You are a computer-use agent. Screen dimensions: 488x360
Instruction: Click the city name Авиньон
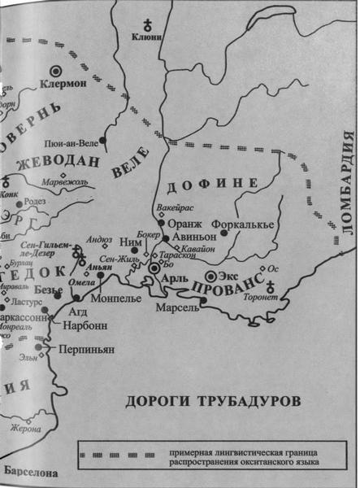coord(191,240)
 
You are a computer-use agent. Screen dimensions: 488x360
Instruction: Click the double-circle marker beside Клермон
coord(57,71)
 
